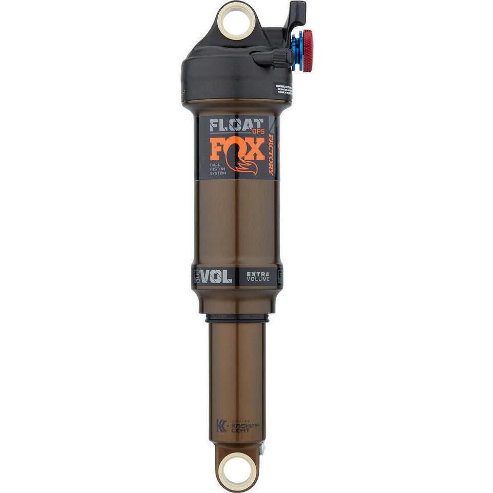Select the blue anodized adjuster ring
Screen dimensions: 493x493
point(297,50)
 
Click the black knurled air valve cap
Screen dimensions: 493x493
point(281,58)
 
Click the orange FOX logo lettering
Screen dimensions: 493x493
point(236,149)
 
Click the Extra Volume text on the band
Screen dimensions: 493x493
point(257,277)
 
